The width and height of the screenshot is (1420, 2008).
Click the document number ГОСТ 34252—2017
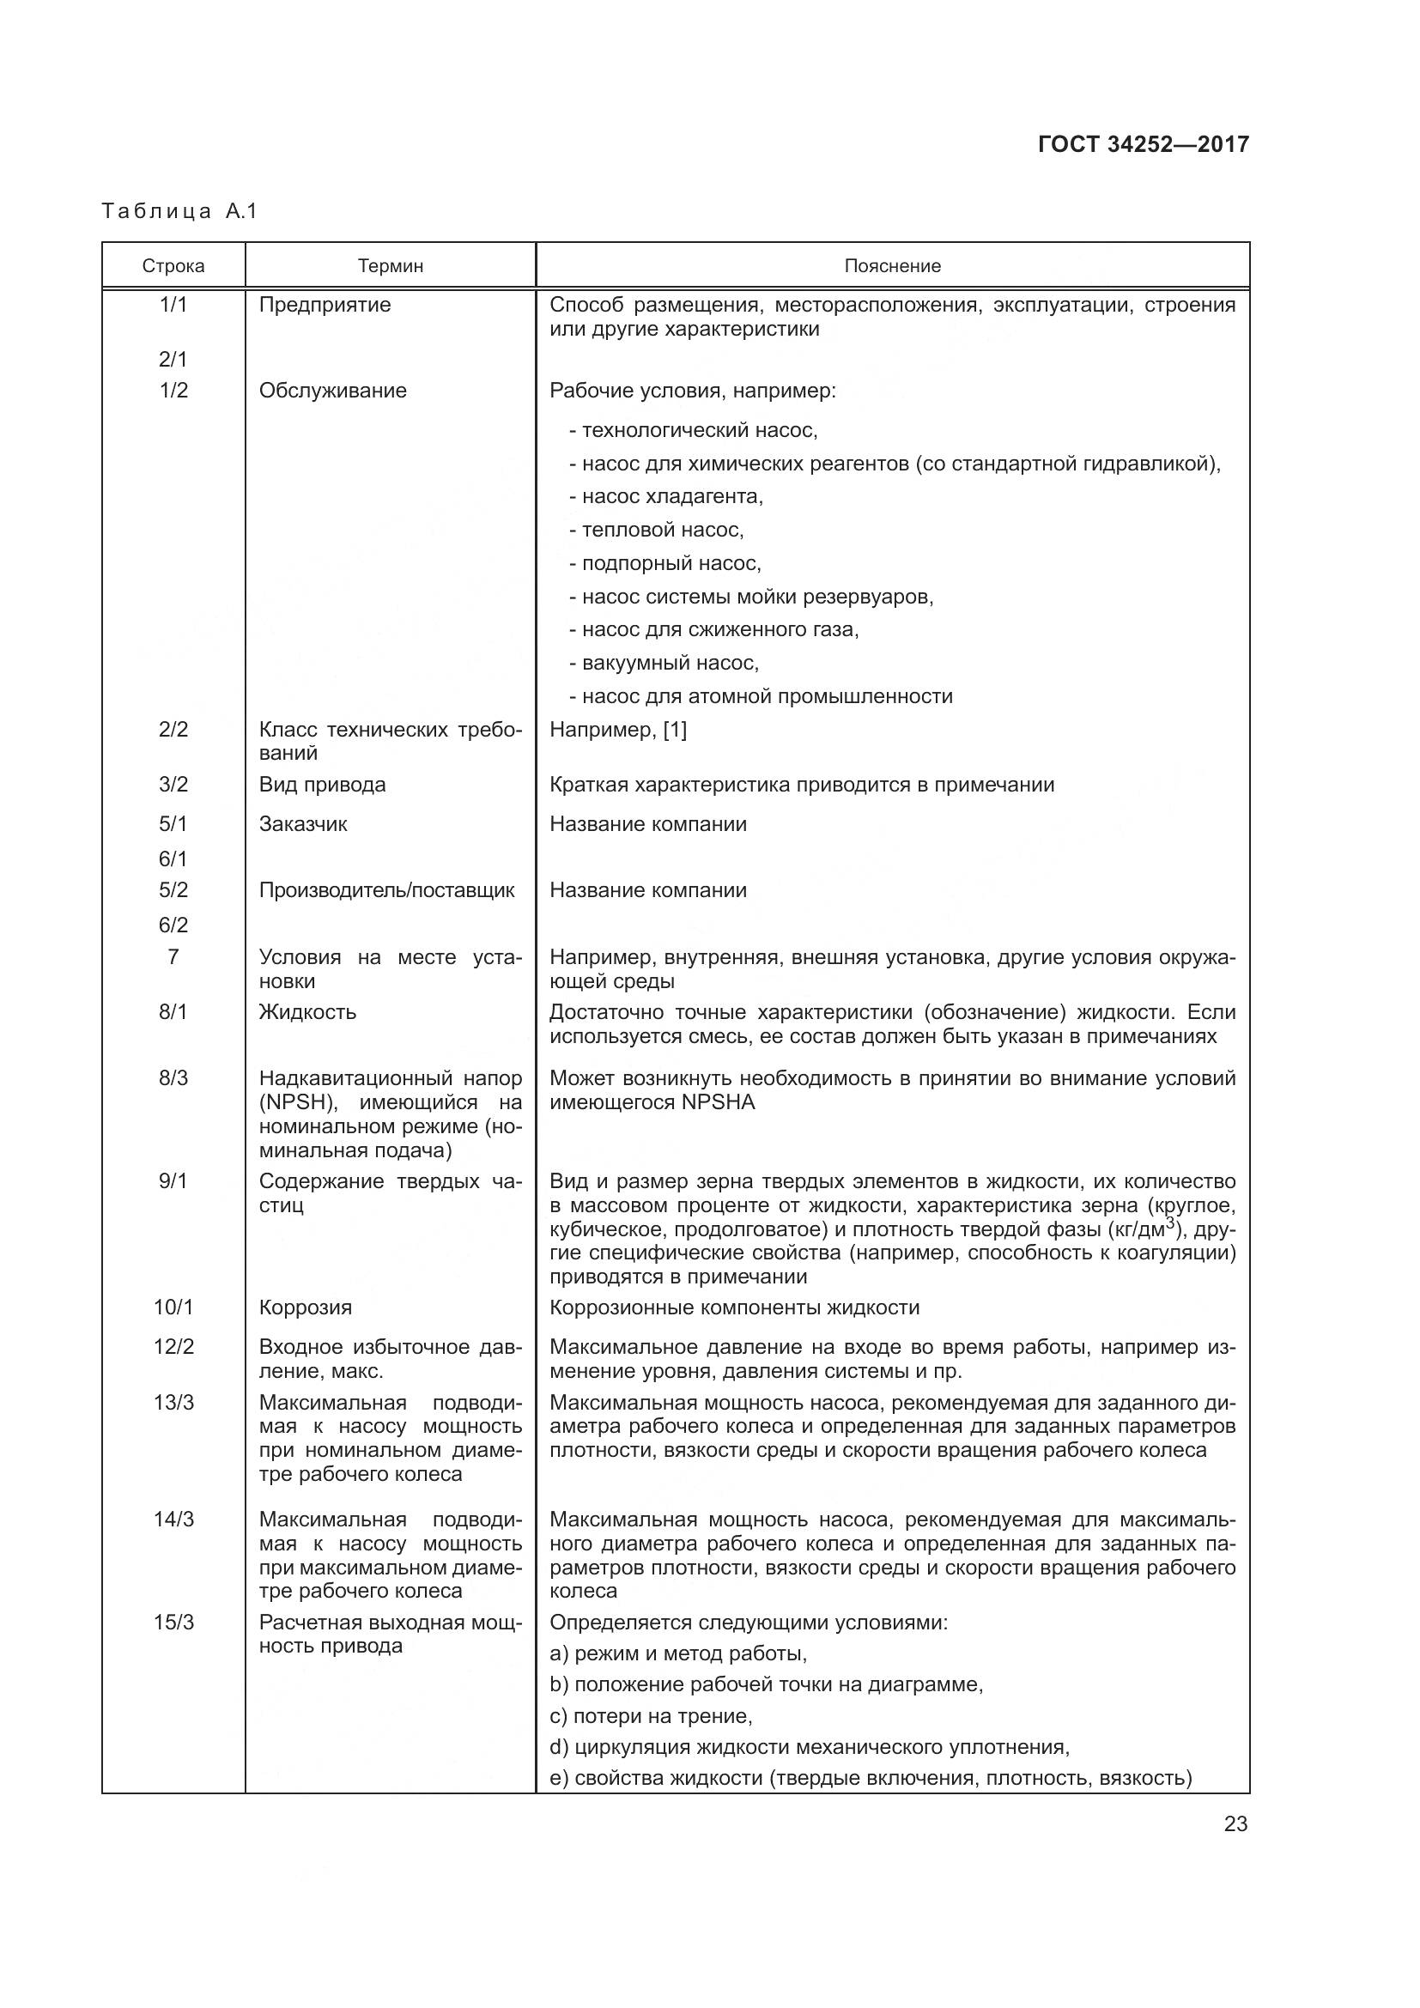point(1143,144)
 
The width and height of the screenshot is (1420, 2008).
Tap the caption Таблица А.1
point(179,211)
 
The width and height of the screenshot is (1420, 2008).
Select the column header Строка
point(173,266)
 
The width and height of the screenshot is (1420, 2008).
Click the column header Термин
point(390,266)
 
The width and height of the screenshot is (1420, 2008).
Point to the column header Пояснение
point(892,266)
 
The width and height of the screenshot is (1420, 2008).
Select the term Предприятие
point(325,306)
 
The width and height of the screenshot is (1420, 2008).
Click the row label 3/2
point(173,785)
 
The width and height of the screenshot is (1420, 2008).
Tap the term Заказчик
point(302,824)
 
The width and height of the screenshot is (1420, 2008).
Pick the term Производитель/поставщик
point(386,890)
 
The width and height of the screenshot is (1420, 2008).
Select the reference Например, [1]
point(618,730)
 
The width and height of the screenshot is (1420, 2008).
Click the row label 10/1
point(173,1307)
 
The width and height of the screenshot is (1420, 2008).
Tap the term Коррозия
point(305,1307)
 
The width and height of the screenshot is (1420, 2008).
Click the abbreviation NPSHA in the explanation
point(718,1102)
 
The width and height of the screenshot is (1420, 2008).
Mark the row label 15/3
point(173,1623)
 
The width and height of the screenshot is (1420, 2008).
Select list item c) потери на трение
point(651,1716)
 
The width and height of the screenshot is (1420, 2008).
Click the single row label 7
point(173,956)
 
